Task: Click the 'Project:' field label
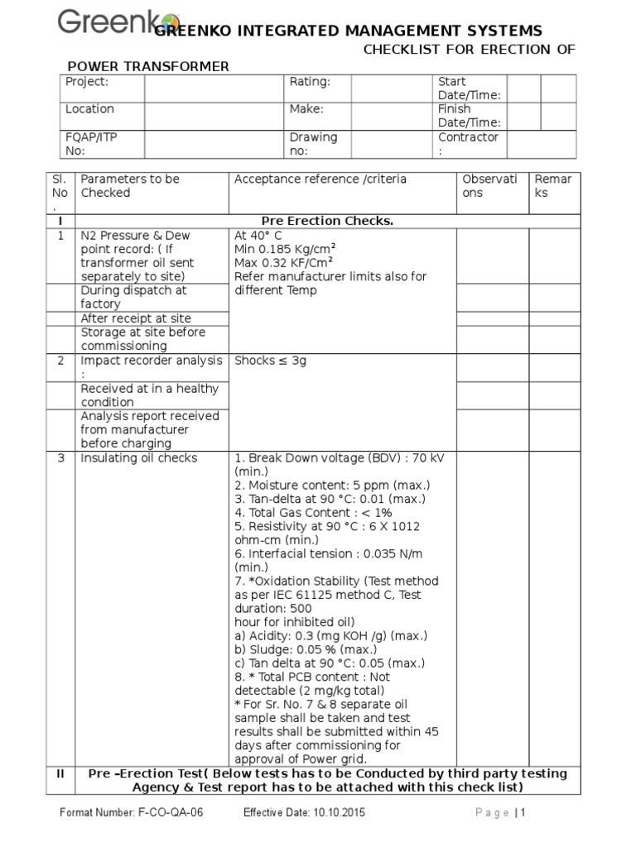click(x=87, y=82)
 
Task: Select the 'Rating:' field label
click(x=310, y=82)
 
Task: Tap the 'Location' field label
click(x=89, y=109)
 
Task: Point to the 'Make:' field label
click(x=306, y=109)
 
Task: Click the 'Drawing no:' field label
click(x=313, y=143)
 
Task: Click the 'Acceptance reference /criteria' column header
click(x=320, y=179)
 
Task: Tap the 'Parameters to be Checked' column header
click(x=129, y=186)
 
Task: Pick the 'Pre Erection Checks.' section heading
click(x=327, y=222)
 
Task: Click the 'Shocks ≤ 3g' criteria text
click(x=271, y=361)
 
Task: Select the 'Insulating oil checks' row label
click(x=138, y=458)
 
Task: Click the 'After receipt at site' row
click(x=136, y=318)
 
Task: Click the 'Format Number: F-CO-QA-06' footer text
click(x=131, y=813)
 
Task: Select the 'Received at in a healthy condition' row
click(x=149, y=395)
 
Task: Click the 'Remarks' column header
click(x=552, y=186)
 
